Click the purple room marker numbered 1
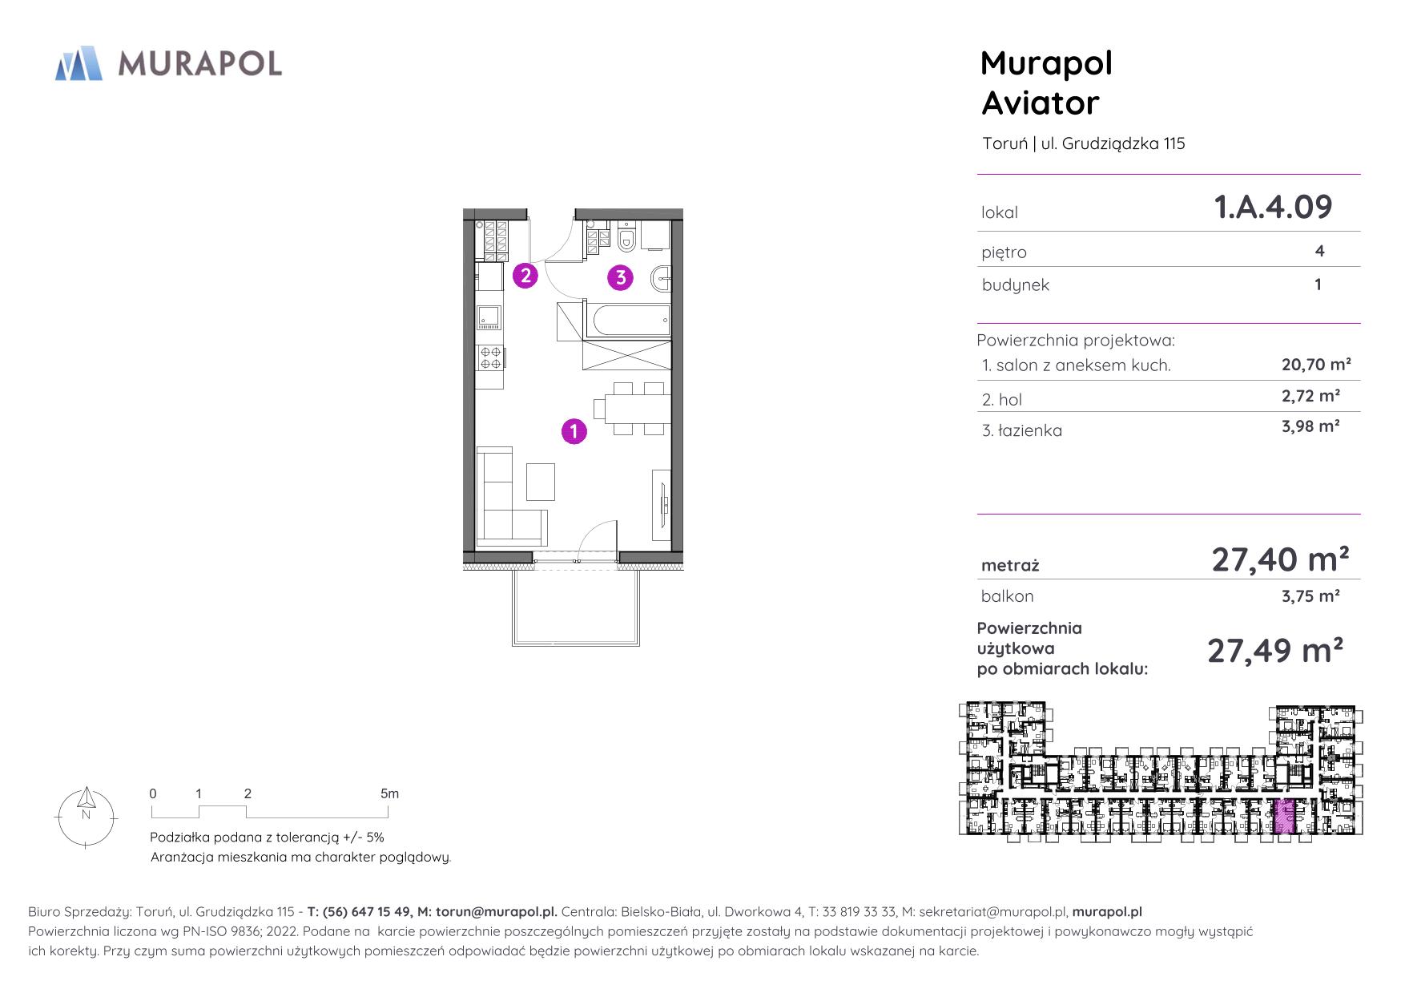[574, 431]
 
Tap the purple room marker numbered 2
[525, 276]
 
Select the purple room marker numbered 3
[621, 278]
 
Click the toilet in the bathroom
[627, 236]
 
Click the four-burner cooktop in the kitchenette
[490, 357]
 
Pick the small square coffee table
[540, 482]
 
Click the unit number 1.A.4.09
[1274, 207]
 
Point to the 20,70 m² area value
[1317, 365]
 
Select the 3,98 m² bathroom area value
[1311, 426]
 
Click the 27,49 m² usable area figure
[1275, 650]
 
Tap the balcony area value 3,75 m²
[1311, 596]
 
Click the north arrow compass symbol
[87, 816]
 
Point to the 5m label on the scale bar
[389, 794]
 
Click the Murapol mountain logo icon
[79, 63]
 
